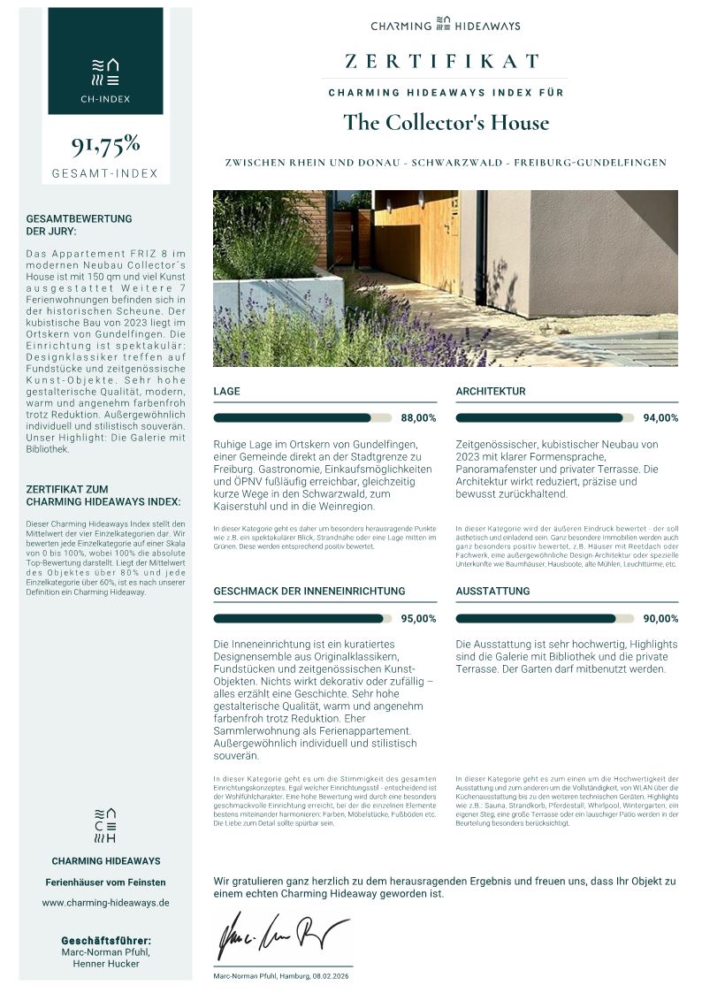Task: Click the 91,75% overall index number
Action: click(105, 143)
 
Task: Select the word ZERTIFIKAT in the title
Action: click(442, 61)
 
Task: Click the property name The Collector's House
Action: click(446, 122)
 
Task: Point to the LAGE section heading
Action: click(226, 391)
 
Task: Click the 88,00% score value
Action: click(419, 418)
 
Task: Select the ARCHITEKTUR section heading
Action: click(491, 391)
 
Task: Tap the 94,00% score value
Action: click(660, 418)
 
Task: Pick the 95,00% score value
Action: click(419, 619)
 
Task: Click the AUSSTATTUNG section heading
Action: click(492, 591)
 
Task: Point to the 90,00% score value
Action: click(660, 619)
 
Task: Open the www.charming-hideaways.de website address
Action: click(105, 903)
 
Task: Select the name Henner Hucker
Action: click(106, 964)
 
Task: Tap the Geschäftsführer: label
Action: click(106, 940)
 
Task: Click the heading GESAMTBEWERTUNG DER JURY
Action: click(80, 225)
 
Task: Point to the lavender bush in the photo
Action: click(354, 336)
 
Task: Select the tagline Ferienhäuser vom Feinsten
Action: click(105, 882)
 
